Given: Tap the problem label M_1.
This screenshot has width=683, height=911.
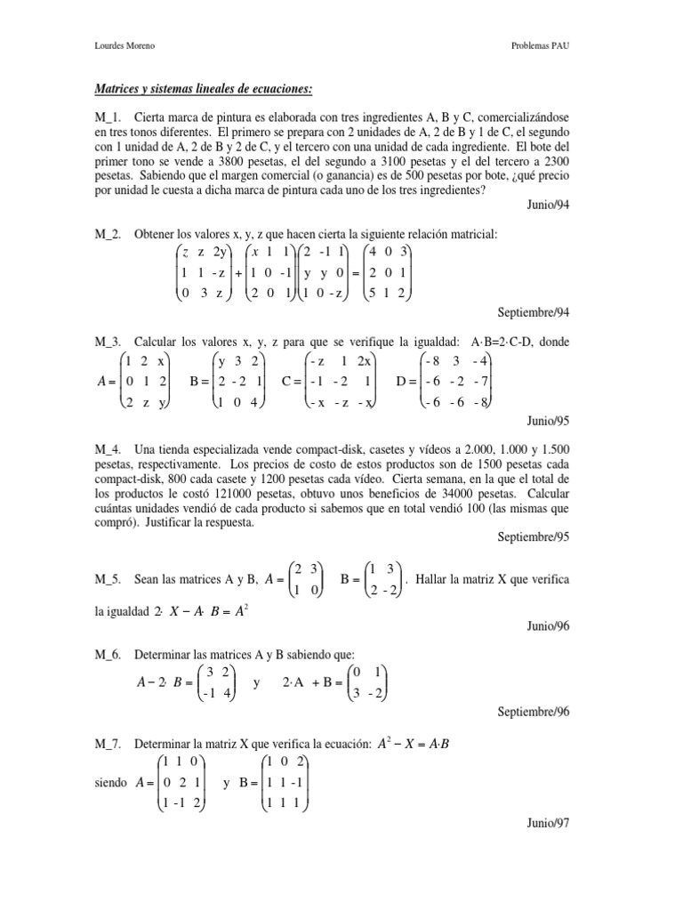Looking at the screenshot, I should point(109,117).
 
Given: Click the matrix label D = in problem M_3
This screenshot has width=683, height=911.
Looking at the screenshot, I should point(406,383).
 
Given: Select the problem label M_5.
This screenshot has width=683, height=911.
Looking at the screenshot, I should point(109,578).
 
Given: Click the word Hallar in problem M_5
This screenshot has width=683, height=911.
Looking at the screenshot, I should point(436,578).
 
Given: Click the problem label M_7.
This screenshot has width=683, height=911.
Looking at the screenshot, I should point(109,743).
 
